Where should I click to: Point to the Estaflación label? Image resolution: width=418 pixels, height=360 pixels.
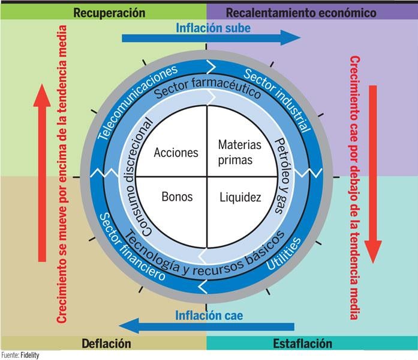[x=302, y=344]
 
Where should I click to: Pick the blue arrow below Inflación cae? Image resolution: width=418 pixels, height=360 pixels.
[x=206, y=327]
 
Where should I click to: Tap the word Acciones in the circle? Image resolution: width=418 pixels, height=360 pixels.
[x=176, y=152]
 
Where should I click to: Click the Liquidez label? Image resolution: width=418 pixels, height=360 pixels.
[x=240, y=197]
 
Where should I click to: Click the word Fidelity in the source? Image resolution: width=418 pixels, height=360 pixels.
[x=29, y=355]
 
